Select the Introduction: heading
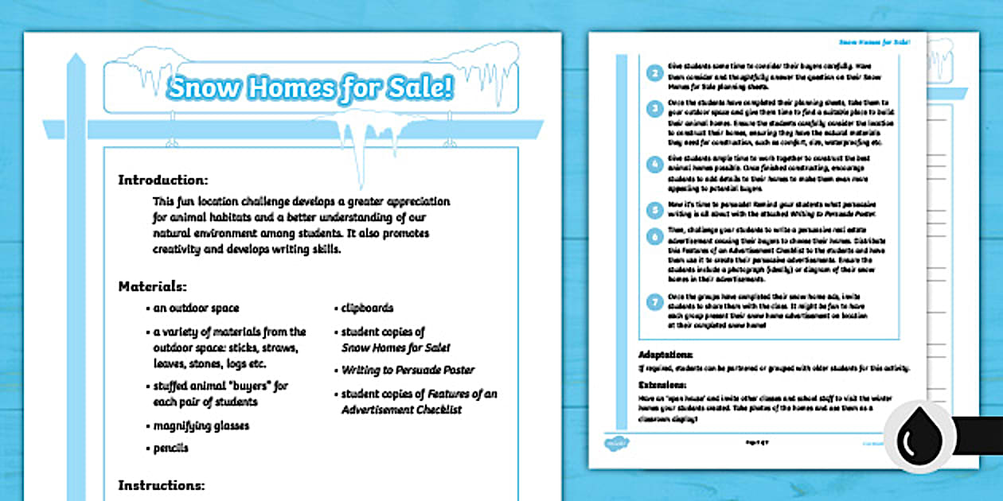coord(163,180)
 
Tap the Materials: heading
coord(153,285)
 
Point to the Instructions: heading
coord(162,484)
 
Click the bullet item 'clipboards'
coord(367,308)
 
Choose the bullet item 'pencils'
coord(171,448)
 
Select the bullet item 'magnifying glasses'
coord(201,425)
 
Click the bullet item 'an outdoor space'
coord(196,308)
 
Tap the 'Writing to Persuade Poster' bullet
coord(408,370)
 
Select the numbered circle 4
coord(654,165)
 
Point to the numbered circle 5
coord(654,210)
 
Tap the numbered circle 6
coord(654,236)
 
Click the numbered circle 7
coord(654,302)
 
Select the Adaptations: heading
coord(665,355)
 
